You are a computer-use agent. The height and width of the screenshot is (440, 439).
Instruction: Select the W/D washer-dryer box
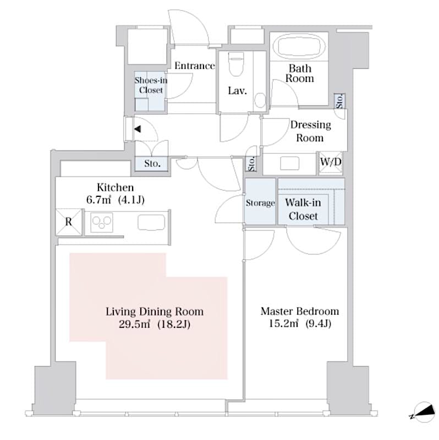[332, 163]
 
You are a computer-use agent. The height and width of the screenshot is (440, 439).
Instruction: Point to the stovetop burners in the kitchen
[102, 222]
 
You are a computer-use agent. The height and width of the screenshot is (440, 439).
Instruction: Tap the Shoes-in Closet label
[151, 85]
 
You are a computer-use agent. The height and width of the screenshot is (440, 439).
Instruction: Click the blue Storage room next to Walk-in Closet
[260, 203]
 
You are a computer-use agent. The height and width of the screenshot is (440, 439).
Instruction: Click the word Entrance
[194, 66]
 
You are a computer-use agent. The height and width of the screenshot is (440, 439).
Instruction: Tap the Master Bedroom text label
[299, 311]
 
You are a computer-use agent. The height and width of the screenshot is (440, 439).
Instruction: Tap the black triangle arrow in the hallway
[136, 130]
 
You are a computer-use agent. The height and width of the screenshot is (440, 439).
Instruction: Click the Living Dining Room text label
[155, 312]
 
